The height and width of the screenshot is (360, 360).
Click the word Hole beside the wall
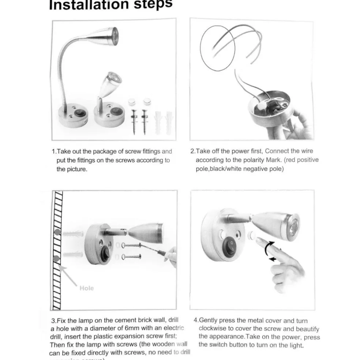[x=86, y=288]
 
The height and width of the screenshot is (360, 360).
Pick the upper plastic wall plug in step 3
[x=72, y=233]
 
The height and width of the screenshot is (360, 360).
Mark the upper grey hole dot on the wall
[x=57, y=233]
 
